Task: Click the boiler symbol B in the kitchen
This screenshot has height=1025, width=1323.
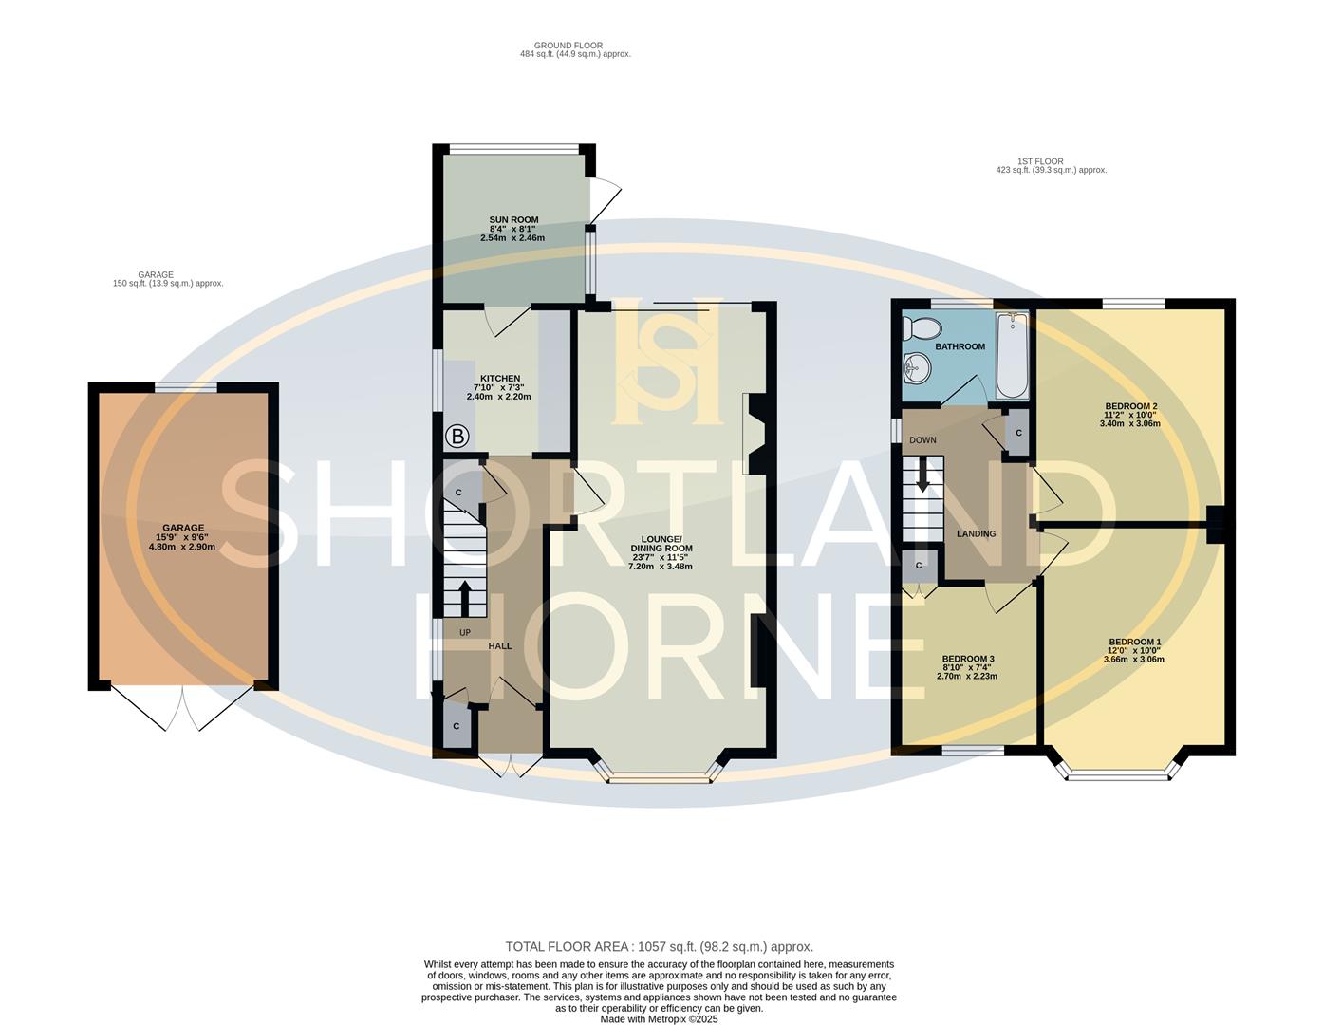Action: pos(457,437)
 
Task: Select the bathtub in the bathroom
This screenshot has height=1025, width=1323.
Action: pos(1013,357)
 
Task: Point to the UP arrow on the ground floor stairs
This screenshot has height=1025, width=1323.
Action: pos(465,598)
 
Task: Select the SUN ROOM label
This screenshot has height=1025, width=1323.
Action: pos(513,219)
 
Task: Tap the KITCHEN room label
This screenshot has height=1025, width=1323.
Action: pos(499,379)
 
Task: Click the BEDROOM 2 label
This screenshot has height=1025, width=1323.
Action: pos(1130,406)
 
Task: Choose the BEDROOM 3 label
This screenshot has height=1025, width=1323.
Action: pos(967,659)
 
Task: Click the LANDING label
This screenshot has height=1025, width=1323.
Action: pos(976,533)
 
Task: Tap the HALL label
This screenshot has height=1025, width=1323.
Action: pos(500,646)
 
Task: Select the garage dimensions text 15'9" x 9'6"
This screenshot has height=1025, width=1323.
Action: pos(182,537)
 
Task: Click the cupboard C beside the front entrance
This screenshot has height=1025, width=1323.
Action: pos(456,726)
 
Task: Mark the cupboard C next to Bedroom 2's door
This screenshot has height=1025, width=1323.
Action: pos(1018,433)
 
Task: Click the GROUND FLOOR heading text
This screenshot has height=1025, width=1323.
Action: pos(568,46)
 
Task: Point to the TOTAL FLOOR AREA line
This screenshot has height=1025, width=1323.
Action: pos(659,946)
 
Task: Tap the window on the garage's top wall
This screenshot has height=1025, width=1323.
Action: pos(186,386)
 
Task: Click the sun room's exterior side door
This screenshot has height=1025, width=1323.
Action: pos(605,200)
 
